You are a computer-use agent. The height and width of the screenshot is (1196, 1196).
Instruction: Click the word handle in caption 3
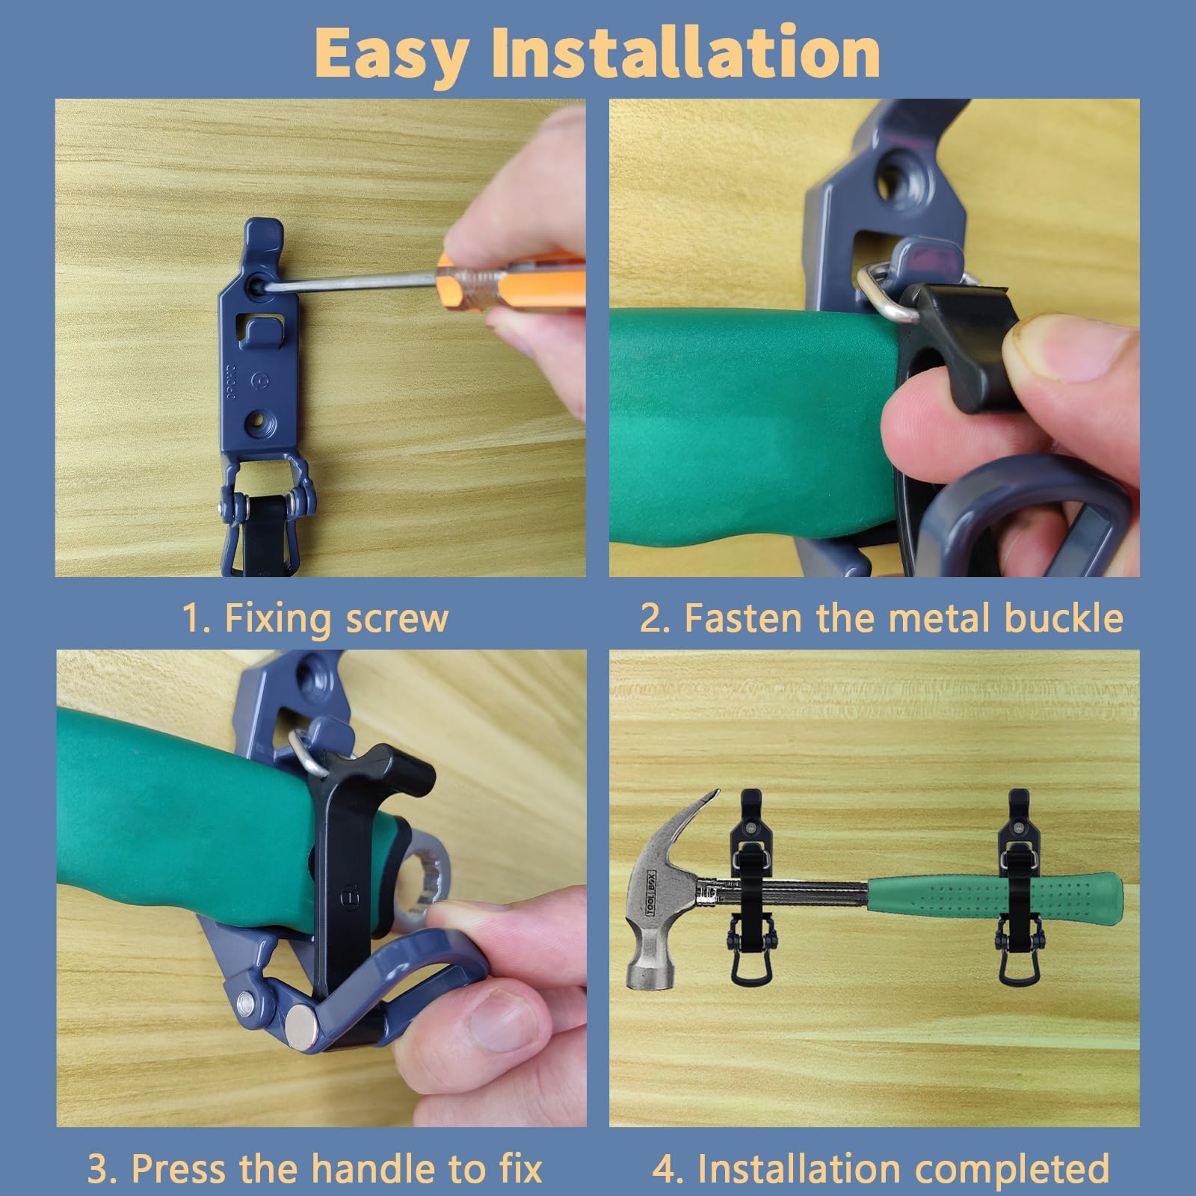372,1168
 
